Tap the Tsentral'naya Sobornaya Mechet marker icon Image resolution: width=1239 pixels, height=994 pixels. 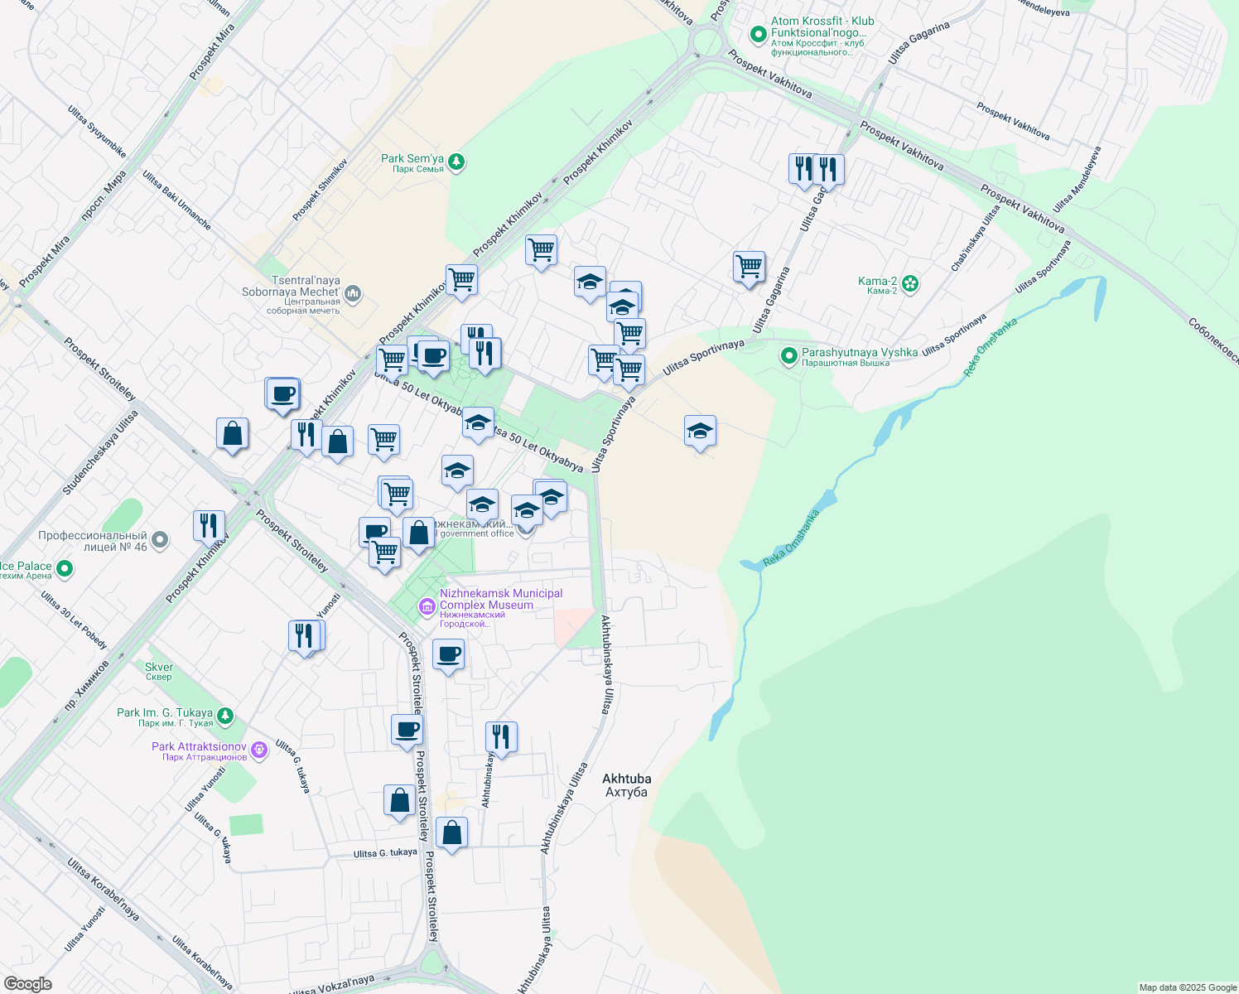[x=353, y=292]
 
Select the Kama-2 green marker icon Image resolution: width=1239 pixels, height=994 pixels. [x=910, y=284]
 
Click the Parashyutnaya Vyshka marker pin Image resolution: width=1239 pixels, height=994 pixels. [x=789, y=356]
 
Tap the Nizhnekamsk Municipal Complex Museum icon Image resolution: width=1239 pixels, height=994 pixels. [x=427, y=607]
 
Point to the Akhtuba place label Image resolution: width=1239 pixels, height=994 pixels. [x=626, y=785]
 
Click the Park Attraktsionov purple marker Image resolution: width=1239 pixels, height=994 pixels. [x=259, y=750]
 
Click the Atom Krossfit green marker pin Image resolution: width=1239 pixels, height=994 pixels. [x=757, y=35]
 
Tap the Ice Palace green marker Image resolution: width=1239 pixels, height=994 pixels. [x=64, y=569]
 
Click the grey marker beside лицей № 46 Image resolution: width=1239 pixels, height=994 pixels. [x=160, y=540]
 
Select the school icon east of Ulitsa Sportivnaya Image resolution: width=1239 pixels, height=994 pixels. [x=700, y=432]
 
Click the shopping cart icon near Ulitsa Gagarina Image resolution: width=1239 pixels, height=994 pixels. [x=749, y=268]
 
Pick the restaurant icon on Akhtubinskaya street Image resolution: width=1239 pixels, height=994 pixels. [x=501, y=736]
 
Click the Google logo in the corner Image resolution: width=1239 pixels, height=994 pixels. [x=27, y=983]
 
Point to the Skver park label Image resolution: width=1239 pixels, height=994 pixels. [x=159, y=671]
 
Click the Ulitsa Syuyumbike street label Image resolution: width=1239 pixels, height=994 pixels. [x=97, y=132]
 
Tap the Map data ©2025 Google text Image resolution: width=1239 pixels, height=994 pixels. [x=1187, y=987]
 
